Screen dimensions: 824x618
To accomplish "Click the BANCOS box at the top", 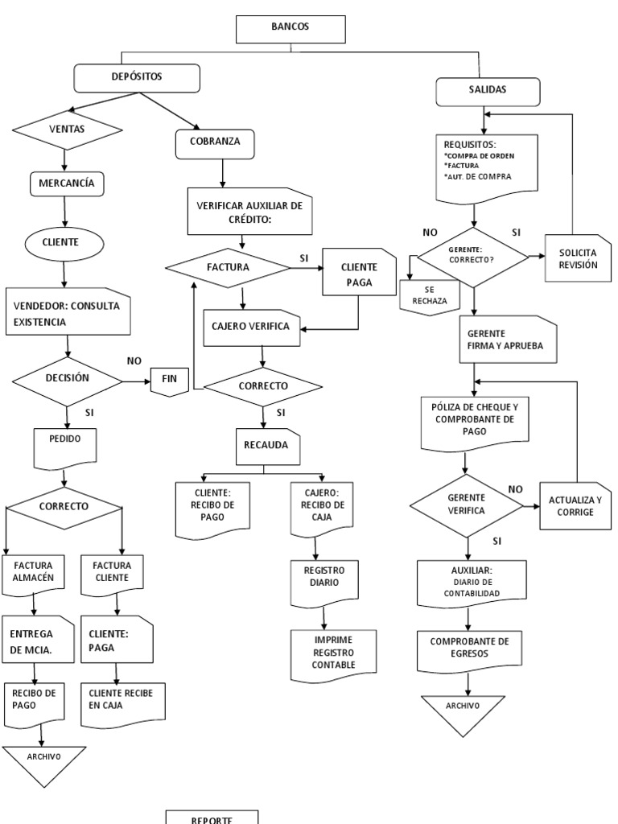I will click(x=290, y=29).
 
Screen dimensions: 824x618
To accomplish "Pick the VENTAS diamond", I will click(x=67, y=129).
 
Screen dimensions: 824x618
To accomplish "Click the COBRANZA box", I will click(x=213, y=143).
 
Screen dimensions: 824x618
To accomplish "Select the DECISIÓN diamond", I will click(x=68, y=377).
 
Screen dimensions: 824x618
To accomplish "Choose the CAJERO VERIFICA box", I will click(x=253, y=326).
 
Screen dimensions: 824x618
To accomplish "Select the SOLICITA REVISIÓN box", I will click(x=572, y=259).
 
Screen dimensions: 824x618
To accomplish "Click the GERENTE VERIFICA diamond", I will click(x=472, y=505).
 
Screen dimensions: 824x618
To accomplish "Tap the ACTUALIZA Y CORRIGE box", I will click(x=574, y=506).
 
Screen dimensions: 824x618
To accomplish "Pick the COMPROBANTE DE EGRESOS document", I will click(x=470, y=648).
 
